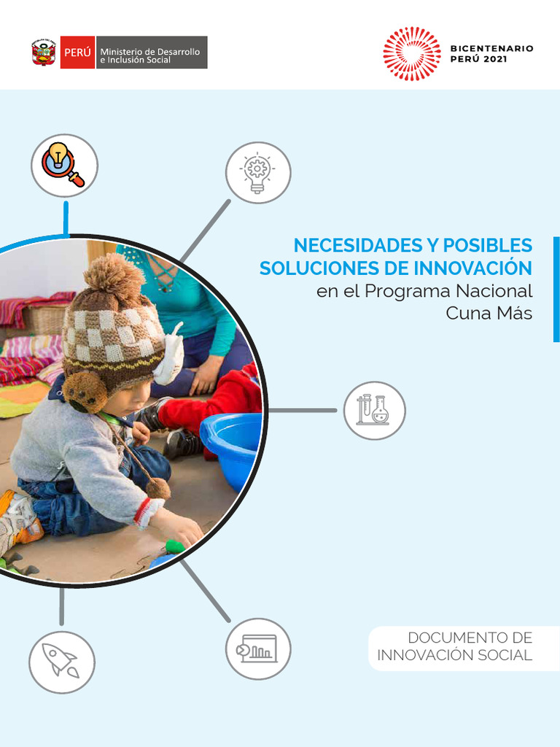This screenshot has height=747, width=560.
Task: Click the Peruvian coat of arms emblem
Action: coord(44,53)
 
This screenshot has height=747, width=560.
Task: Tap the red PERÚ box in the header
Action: coord(77,53)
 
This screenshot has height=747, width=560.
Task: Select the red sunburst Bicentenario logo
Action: coord(412,53)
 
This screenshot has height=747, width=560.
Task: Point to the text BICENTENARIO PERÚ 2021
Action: coord(491,53)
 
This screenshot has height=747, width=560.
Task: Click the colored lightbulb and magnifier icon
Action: coord(64,165)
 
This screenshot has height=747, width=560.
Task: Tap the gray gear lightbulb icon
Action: coord(257,172)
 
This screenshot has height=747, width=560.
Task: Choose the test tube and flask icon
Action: coord(374,410)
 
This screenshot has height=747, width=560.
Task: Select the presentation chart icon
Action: coord(257,649)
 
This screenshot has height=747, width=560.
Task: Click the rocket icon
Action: coord(61,662)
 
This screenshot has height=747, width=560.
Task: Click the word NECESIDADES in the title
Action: coord(346,245)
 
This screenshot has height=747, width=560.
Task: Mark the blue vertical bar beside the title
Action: coord(556,289)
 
